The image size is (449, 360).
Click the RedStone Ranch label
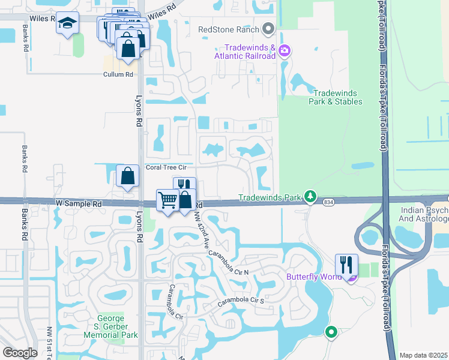(229, 29)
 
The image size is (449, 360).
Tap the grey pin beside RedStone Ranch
(268, 29)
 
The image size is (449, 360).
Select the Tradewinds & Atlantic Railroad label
(250, 52)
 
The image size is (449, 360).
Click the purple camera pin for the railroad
(285, 52)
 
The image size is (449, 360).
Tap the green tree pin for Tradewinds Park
(310, 197)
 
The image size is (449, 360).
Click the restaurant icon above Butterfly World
(347, 264)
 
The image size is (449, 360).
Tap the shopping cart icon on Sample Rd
(167, 200)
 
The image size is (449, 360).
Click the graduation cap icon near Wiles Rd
(68, 23)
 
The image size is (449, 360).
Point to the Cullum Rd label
(118, 74)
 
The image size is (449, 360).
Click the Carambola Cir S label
(241, 301)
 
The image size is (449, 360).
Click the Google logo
(20, 353)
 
